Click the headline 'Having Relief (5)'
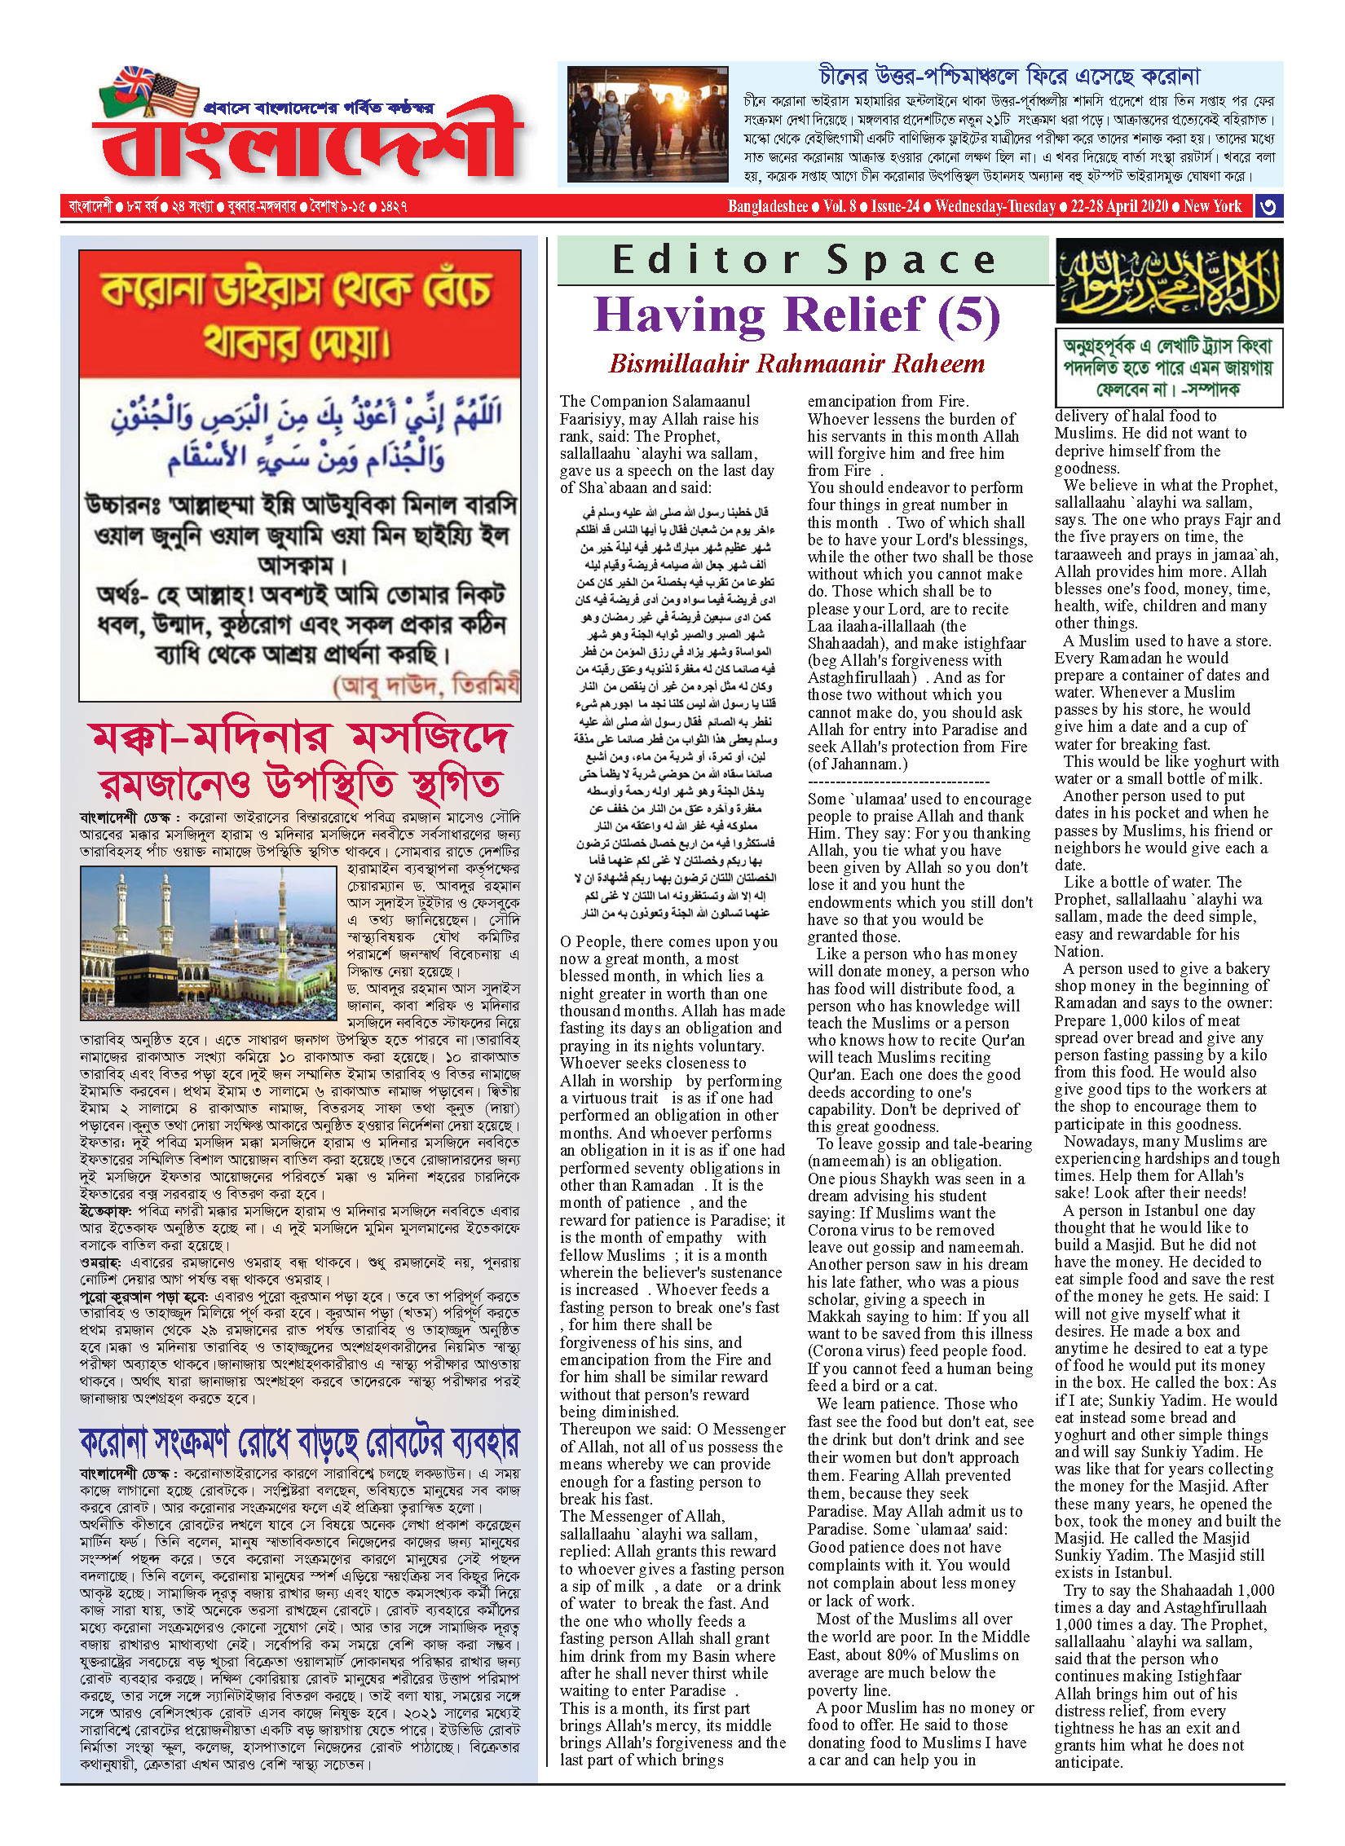796,315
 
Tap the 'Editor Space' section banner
804,260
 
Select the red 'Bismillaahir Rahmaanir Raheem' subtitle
796,363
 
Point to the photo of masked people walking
647,124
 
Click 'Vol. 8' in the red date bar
840,206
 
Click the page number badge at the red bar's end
1268,206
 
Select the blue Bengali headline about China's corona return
1009,77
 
